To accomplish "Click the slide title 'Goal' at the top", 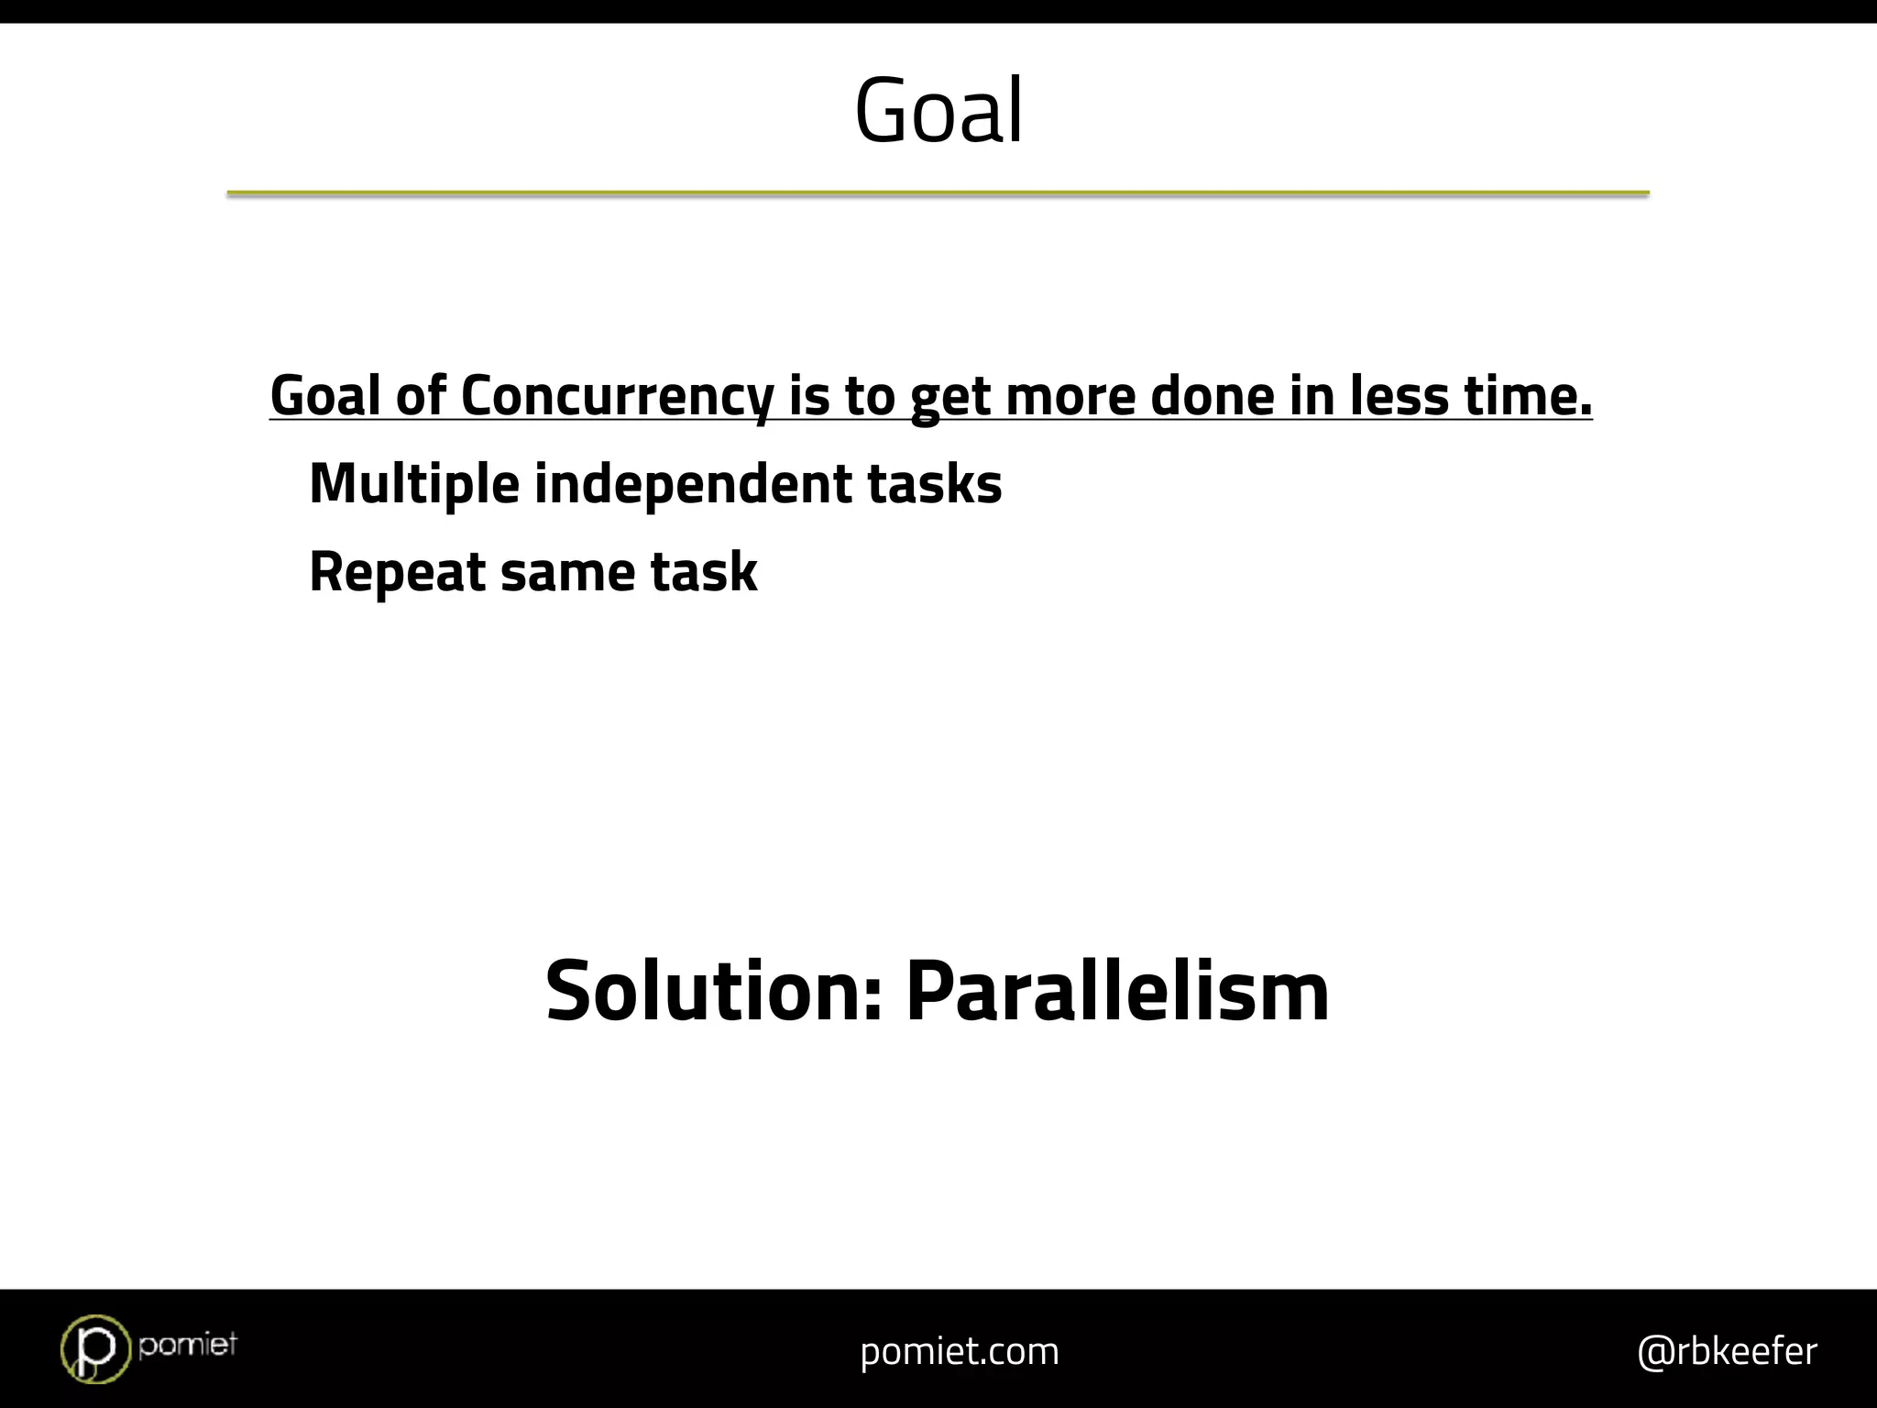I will (938, 111).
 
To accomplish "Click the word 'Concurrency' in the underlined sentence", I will (617, 396).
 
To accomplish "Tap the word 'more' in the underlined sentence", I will (1069, 396).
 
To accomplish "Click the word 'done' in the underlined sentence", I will (1212, 396).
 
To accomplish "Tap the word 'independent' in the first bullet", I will (693, 484).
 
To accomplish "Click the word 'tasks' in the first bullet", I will (935, 484).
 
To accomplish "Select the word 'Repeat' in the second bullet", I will (397, 572).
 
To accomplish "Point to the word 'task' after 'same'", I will (704, 572).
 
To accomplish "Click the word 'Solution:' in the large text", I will (714, 992).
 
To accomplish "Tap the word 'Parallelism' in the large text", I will (1117, 992).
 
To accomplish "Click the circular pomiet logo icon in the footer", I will (94, 1348).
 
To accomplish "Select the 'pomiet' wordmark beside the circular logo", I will (188, 1346).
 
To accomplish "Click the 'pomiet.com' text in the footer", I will (959, 1351).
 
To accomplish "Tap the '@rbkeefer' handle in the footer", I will (1726, 1351).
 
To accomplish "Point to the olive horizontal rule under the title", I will (938, 193).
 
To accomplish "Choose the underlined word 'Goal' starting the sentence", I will (324, 396).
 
